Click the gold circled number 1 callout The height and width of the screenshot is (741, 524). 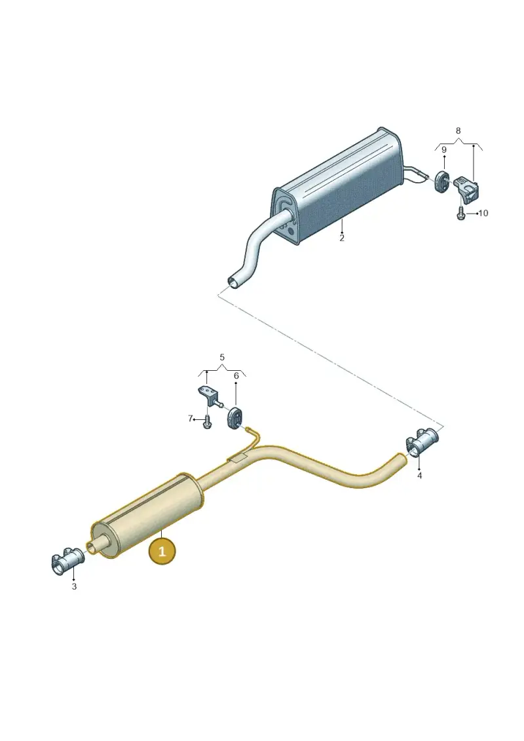tap(162, 551)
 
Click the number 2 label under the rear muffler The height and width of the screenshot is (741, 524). tap(342, 238)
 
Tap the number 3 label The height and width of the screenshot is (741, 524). tap(74, 586)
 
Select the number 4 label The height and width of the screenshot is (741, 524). tap(420, 476)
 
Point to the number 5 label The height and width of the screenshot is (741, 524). tap(222, 357)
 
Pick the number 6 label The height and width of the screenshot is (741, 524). tap(236, 375)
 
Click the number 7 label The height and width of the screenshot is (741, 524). tap(191, 418)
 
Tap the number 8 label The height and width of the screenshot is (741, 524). tap(458, 130)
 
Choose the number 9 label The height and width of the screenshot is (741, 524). tap(443, 150)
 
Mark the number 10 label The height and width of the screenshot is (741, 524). tap(483, 213)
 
